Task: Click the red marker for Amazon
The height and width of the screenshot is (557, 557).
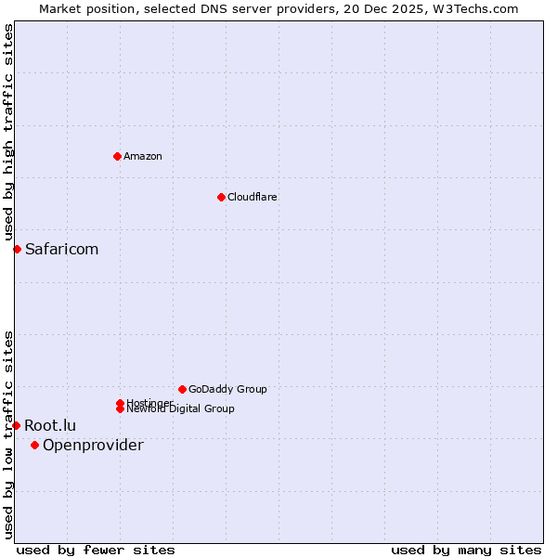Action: [117, 156]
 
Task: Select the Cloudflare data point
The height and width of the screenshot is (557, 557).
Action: [221, 197]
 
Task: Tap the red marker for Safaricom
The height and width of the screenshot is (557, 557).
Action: [17, 249]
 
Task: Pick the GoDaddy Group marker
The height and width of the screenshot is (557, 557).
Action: [182, 389]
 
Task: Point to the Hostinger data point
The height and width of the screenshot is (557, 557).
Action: [120, 403]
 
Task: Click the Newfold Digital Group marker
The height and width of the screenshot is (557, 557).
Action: [120, 408]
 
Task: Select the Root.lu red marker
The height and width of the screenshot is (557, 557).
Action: [16, 425]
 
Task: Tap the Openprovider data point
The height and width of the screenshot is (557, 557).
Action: [34, 445]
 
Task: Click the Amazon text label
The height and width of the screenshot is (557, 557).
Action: [143, 156]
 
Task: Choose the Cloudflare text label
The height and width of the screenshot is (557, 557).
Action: [253, 197]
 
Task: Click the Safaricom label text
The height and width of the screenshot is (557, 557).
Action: [61, 249]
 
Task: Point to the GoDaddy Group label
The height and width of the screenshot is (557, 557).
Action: [227, 389]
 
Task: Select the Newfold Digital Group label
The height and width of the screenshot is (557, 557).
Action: [180, 409]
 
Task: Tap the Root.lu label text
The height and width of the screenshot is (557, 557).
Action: [50, 425]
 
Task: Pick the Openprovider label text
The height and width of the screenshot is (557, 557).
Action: [93, 445]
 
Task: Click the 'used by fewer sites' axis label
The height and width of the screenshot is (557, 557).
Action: [96, 550]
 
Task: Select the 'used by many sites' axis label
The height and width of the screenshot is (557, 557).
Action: [466, 550]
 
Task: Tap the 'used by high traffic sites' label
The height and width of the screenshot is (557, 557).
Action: [8, 133]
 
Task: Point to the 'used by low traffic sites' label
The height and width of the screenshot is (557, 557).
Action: [8, 434]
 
